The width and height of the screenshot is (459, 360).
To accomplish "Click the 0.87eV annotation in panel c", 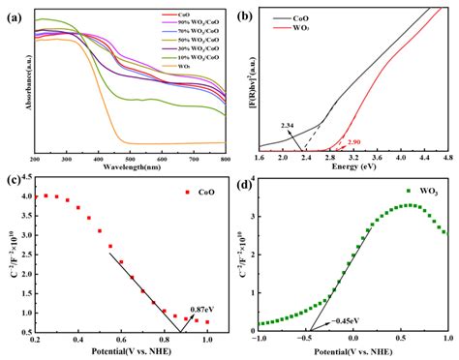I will (x=201, y=308).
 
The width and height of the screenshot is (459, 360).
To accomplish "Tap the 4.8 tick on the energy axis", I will (x=446, y=157).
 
